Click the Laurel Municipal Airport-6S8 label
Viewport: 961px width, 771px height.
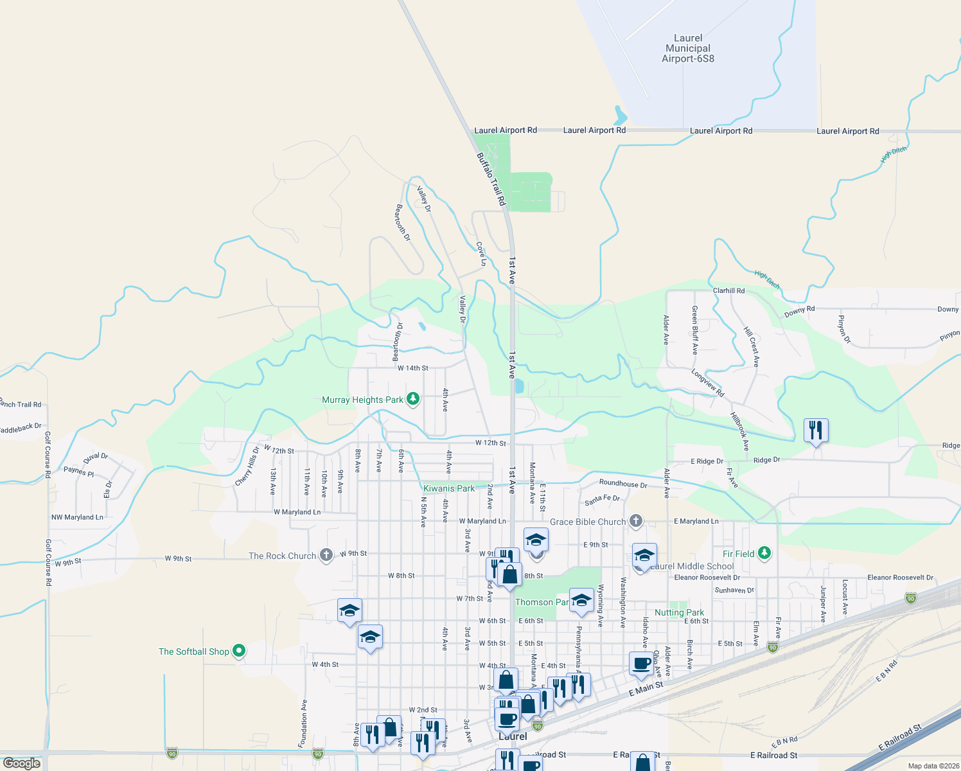[x=688, y=49]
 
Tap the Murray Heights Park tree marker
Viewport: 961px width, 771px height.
[x=413, y=400]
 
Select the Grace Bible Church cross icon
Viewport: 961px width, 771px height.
[x=636, y=521]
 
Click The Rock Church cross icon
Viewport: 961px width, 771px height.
[x=326, y=555]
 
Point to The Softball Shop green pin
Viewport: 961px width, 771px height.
[x=239, y=651]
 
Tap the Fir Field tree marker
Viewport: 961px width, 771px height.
[x=764, y=553]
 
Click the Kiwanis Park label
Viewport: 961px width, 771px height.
[x=449, y=488]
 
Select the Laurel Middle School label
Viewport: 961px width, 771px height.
[x=692, y=566]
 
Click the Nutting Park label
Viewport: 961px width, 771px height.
[x=679, y=612]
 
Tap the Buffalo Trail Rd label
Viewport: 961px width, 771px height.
[x=491, y=179]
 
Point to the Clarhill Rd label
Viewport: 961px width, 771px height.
[x=728, y=290]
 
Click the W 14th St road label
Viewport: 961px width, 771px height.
[x=412, y=368]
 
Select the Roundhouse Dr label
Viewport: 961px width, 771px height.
[x=623, y=484]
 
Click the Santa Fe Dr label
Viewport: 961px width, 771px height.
[x=602, y=499]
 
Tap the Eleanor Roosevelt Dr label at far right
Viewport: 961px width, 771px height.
[x=900, y=578]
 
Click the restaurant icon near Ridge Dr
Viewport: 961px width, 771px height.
[x=816, y=430]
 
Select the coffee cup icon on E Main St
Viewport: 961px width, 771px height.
[x=642, y=664]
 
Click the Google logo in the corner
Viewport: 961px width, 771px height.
[x=22, y=763]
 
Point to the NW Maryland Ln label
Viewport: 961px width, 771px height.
[x=77, y=517]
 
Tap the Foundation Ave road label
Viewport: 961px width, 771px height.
[x=303, y=723]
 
